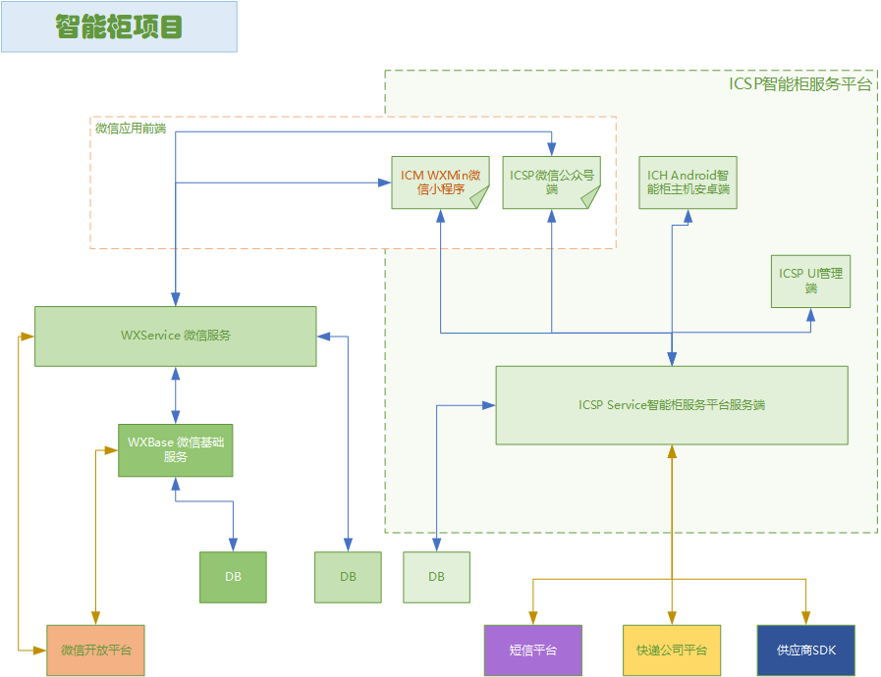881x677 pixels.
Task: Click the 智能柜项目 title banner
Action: tap(119, 26)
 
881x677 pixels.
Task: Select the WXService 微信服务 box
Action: tap(176, 336)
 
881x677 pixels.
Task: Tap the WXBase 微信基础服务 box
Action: tap(176, 450)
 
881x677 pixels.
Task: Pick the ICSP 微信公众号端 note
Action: tap(551, 182)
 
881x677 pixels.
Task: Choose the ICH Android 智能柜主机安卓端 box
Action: tap(688, 182)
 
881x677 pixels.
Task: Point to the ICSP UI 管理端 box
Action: tap(810, 282)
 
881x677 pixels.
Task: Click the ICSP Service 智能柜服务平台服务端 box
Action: tap(672, 405)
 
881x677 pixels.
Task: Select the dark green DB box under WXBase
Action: tap(233, 577)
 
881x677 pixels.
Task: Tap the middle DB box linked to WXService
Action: tap(348, 577)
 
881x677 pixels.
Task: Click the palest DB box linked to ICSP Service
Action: tap(436, 577)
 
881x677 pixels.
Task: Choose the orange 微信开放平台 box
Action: tap(95, 650)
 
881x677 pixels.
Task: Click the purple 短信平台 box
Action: tap(533, 650)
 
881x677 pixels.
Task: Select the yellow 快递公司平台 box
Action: tap(672, 650)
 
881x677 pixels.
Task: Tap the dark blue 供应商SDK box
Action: tap(806, 650)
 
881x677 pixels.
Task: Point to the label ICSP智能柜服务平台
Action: tap(799, 84)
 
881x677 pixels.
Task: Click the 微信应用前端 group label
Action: tap(130, 129)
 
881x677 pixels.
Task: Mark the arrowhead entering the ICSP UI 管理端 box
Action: tap(810, 314)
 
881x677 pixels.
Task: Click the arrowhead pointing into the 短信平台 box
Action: tap(533, 619)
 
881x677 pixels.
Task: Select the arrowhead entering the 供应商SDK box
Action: tap(806, 619)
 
